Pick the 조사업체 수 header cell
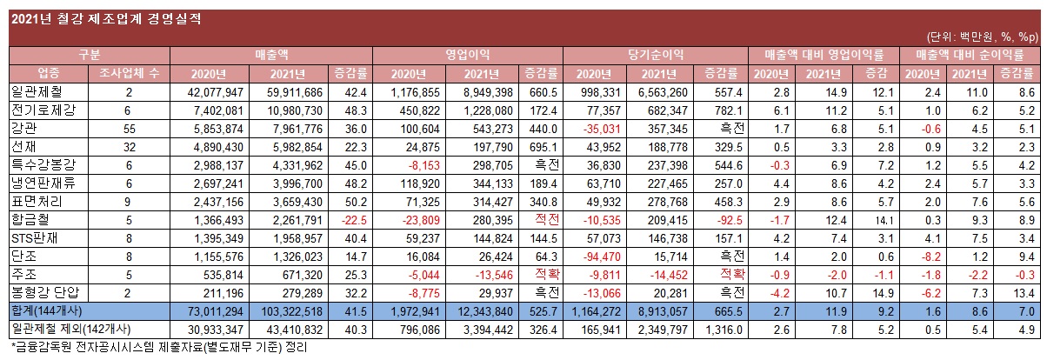(128, 72)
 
